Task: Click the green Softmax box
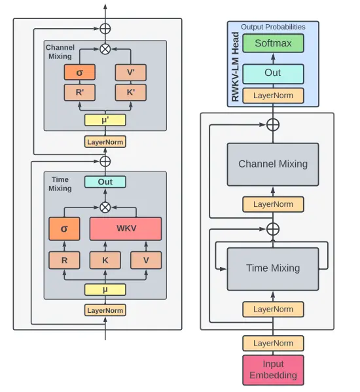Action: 273,43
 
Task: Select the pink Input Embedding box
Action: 273,370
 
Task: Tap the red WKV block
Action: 126,228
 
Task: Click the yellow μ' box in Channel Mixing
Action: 105,120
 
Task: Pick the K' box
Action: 131,92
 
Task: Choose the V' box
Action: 131,73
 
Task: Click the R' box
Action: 80,92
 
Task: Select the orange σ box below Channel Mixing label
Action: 80,72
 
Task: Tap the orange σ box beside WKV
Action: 64,228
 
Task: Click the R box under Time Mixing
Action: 64,260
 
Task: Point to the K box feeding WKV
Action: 105,260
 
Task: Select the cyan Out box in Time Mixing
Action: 105,182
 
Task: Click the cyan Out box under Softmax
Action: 273,74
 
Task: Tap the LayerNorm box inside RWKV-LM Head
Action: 273,96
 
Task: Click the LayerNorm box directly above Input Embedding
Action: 273,344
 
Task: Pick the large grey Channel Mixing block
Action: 273,164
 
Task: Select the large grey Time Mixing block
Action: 273,269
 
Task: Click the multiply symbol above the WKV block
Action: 105,207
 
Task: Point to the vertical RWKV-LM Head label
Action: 235,67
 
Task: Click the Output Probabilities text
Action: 273,27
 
